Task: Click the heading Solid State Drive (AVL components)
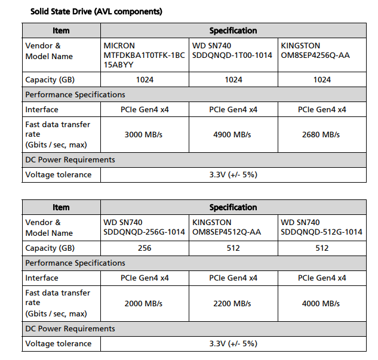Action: pos(96,11)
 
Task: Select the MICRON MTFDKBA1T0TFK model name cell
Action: pos(144,56)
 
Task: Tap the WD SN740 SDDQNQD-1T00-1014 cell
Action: pos(232,51)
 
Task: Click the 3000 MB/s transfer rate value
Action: pos(144,134)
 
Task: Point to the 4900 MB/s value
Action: pos(233,134)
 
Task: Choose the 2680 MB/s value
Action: pos(322,134)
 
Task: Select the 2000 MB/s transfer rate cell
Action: pos(144,303)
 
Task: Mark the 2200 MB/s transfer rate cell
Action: pos(233,303)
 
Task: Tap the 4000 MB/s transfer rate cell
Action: pos(322,303)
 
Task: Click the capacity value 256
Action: pos(144,248)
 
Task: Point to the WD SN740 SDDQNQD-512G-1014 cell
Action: pos(321,227)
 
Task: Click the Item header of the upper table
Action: pos(61,30)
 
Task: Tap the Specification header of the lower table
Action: pos(233,207)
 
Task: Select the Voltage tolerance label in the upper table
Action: pos(59,175)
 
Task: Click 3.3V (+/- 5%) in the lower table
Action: pos(233,343)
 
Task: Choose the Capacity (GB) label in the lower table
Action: pos(50,248)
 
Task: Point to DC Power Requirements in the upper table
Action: pos(70,160)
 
